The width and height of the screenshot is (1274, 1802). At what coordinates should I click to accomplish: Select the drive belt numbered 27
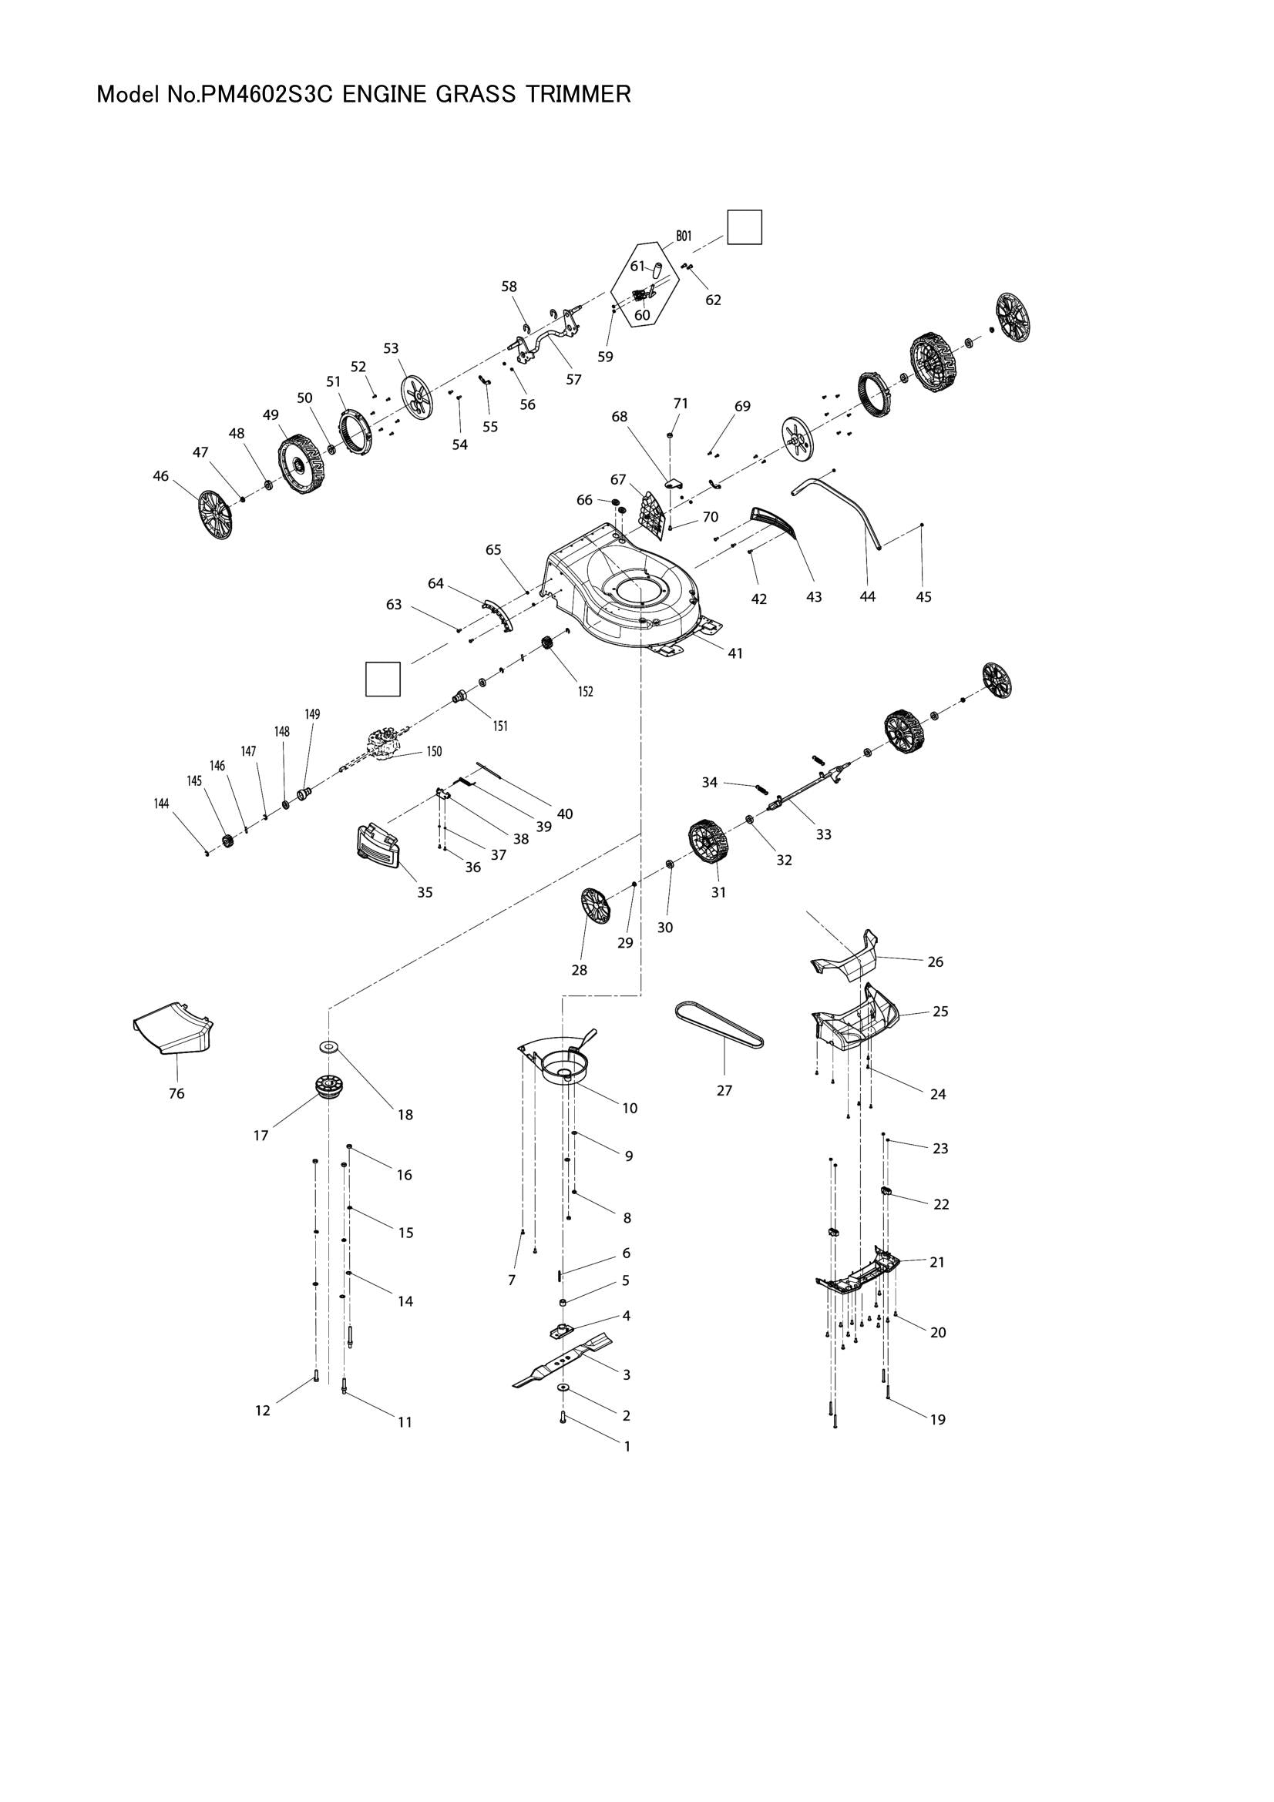[x=719, y=1024]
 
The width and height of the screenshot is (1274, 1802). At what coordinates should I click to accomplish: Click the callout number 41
[x=734, y=653]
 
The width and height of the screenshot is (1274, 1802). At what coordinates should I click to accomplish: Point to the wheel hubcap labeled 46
[x=215, y=515]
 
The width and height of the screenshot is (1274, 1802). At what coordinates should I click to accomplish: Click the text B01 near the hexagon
[x=683, y=236]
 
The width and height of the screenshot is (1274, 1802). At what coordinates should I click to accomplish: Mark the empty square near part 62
[x=744, y=227]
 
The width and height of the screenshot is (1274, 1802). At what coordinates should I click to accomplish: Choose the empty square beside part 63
[x=383, y=679]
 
